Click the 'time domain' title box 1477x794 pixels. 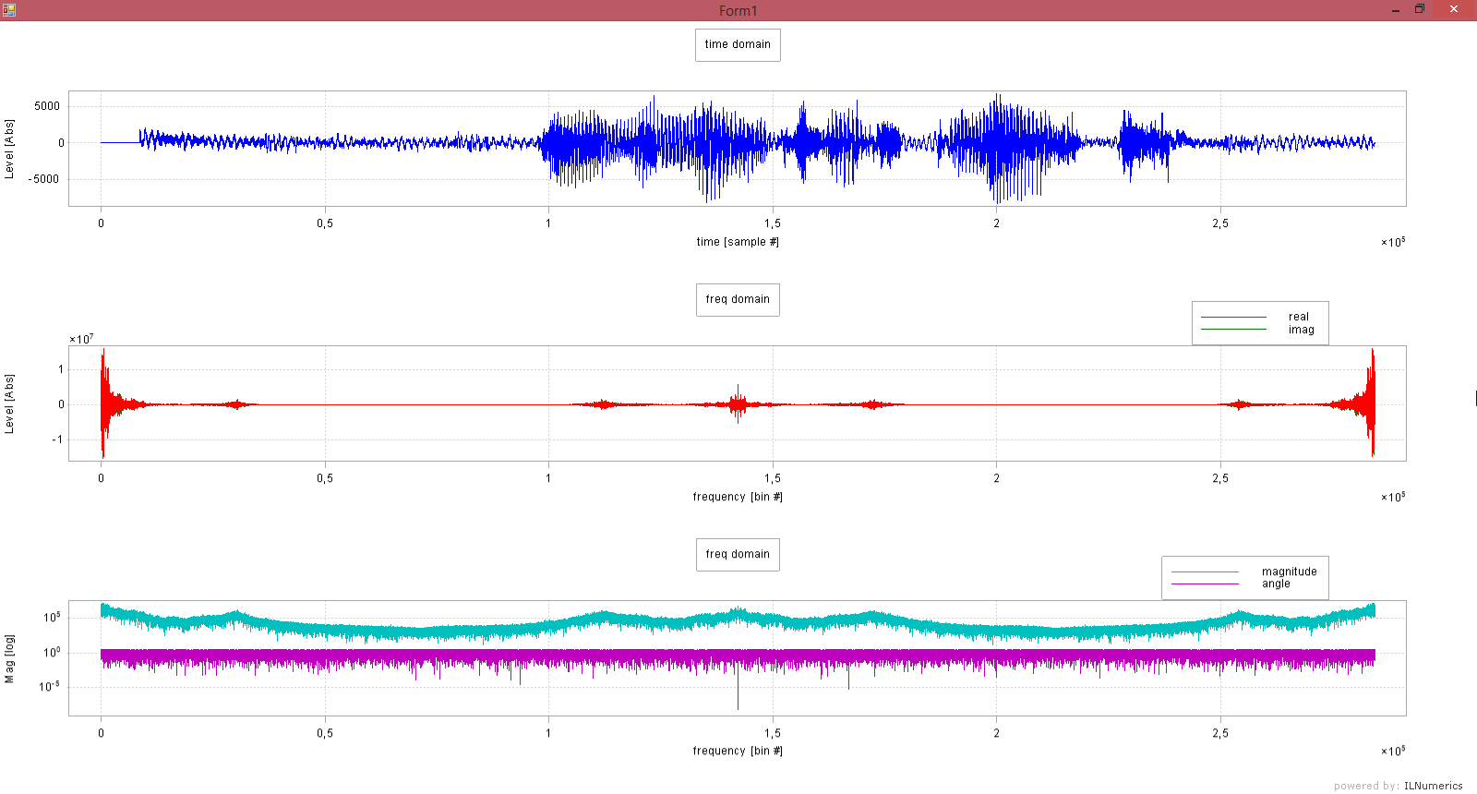tap(738, 44)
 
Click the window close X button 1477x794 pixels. tap(1454, 9)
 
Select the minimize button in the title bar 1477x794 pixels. tap(1395, 9)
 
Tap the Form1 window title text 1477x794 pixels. tap(738, 11)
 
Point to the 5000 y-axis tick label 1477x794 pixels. tap(47, 106)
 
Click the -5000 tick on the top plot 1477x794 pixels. tap(44, 179)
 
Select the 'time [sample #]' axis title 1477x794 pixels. tap(738, 242)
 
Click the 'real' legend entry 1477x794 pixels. tap(1298, 317)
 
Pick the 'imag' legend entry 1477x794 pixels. tap(1301, 330)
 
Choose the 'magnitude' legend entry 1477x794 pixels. tap(1289, 571)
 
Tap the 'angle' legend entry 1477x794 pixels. tap(1276, 583)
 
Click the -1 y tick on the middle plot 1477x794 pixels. tap(57, 439)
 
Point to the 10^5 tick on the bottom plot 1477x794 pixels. tap(52, 617)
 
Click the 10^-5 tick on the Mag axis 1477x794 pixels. tap(50, 686)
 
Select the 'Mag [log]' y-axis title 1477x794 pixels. tap(9, 658)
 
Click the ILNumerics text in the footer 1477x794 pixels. tap(1433, 786)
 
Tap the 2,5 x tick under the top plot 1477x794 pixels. tap(1220, 223)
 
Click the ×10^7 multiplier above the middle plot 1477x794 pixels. tap(81, 339)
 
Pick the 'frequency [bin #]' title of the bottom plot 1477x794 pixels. tap(738, 751)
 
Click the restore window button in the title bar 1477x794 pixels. tap(1420, 9)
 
